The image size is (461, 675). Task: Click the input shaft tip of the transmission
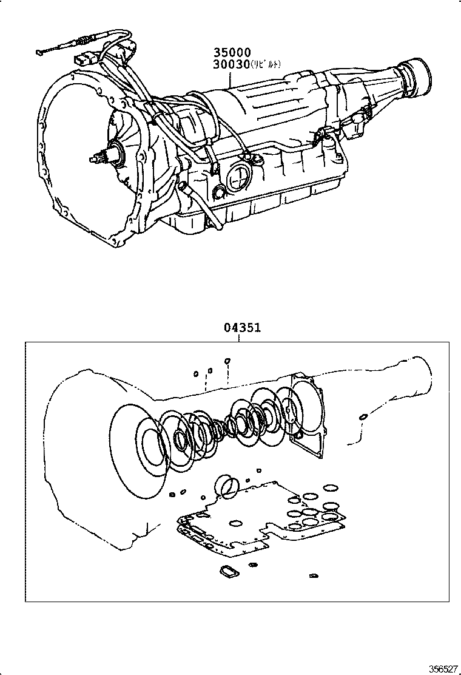(x=92, y=159)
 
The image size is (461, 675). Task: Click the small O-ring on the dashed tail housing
(x=362, y=416)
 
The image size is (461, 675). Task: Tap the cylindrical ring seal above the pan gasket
(x=228, y=487)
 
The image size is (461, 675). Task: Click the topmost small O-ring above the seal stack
(x=227, y=361)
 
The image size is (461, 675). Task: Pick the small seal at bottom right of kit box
(x=314, y=575)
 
